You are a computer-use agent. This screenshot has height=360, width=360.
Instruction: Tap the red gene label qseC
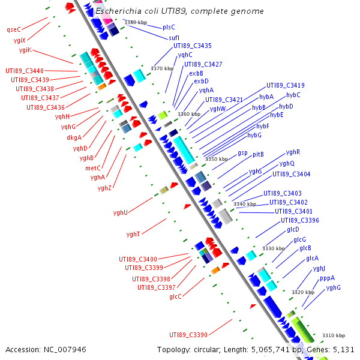[x=13, y=29]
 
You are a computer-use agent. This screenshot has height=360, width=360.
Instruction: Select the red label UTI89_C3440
[x=25, y=71]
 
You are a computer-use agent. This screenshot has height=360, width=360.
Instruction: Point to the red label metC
[x=93, y=168]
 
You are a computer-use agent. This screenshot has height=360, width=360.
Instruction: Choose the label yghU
[x=121, y=212]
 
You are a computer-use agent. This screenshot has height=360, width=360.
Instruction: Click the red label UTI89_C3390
[x=188, y=335]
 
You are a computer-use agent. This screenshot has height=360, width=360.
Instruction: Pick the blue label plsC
[x=169, y=27]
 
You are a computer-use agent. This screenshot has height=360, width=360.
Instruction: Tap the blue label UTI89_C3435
[x=192, y=46]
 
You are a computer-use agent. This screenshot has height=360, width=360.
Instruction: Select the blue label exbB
[x=196, y=73]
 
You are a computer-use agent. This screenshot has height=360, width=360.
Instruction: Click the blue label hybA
[x=266, y=96]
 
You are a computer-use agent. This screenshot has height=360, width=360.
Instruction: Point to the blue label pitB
[x=258, y=154]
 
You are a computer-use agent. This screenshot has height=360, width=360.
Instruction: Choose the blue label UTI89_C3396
[x=300, y=220]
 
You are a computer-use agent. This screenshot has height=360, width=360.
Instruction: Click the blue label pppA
[x=327, y=278]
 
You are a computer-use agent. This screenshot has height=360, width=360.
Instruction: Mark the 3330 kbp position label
[x=274, y=248]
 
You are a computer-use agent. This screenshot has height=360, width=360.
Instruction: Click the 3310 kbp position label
[x=334, y=335]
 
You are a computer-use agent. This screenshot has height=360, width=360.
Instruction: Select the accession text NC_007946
[x=46, y=349]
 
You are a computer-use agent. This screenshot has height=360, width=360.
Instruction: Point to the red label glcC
[x=175, y=296]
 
